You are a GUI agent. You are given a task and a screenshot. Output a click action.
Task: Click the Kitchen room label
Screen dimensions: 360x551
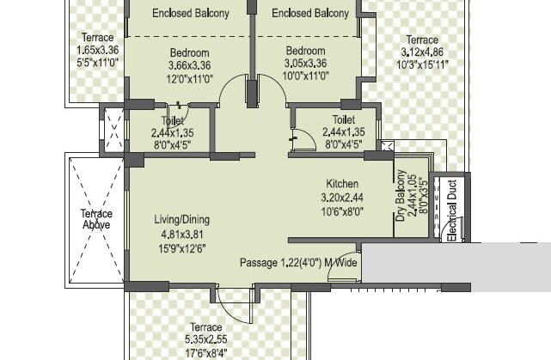341,184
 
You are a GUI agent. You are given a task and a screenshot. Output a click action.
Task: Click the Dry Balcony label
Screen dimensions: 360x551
401,197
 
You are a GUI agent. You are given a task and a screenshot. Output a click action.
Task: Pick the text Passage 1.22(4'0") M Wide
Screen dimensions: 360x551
298,263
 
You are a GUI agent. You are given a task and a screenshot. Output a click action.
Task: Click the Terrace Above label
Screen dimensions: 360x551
96,219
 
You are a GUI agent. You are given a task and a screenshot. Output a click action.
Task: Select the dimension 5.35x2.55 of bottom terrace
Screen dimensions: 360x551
206,339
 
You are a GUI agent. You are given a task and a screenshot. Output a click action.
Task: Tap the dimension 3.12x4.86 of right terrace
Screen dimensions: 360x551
421,52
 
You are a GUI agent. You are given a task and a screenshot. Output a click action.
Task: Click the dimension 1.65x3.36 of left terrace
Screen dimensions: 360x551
96,50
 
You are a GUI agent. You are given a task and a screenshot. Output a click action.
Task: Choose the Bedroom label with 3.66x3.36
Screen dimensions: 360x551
189,53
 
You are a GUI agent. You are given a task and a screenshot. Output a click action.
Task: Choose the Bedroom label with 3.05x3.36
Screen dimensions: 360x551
306,52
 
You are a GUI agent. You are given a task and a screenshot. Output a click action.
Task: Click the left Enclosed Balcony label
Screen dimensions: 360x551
191,14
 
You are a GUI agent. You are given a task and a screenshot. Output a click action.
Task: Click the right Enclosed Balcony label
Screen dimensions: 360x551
310,14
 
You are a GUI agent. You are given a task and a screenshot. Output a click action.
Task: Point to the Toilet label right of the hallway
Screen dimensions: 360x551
344,120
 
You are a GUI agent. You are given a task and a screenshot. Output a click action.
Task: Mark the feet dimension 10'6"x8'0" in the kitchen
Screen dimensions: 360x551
342,209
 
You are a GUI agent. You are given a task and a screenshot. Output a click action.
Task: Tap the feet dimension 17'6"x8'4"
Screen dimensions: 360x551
206,351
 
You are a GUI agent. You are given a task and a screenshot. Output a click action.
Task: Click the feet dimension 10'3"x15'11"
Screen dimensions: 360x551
421,64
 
